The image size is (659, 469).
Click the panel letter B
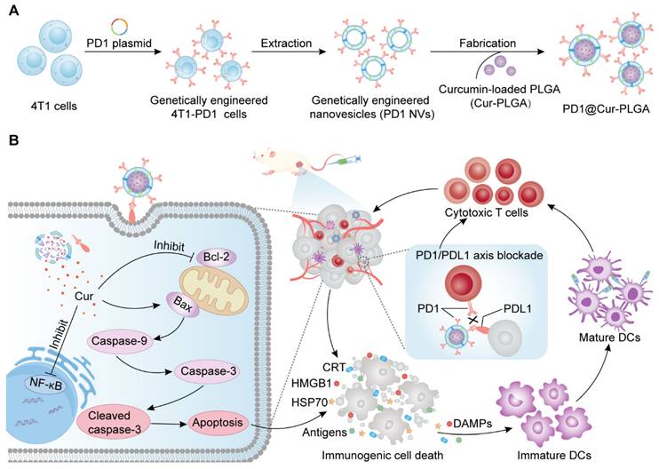tap(13, 140)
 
